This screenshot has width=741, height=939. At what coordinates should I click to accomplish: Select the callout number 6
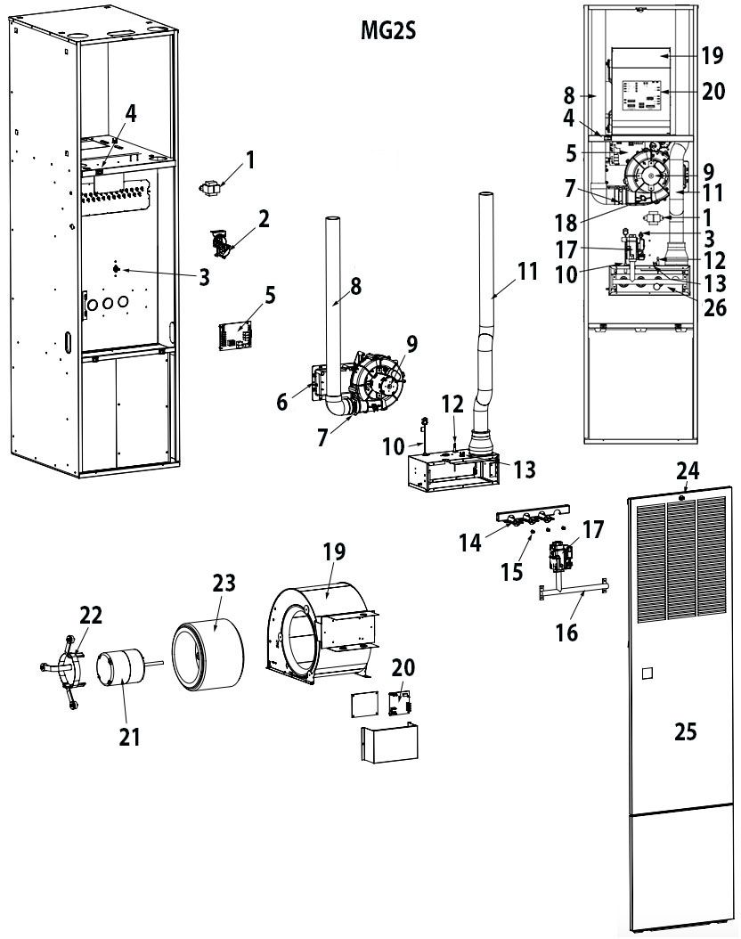click(x=281, y=402)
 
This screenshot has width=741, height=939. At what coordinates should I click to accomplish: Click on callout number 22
click(x=91, y=615)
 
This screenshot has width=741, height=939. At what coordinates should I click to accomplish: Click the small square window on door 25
click(x=647, y=670)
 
